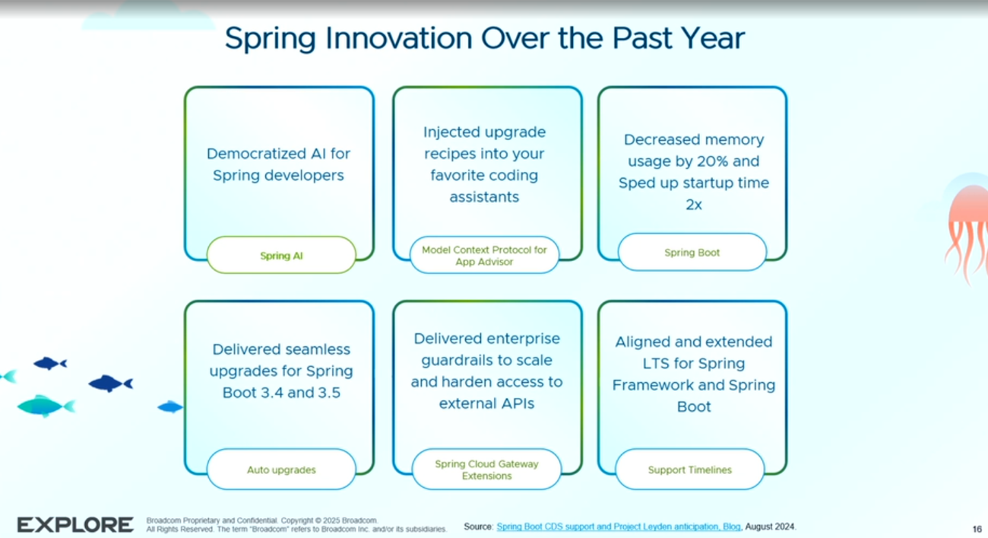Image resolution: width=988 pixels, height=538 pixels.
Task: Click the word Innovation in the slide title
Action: point(399,38)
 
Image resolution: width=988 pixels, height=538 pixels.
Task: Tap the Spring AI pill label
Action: point(281,256)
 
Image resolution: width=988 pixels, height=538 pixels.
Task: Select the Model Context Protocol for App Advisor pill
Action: point(484,256)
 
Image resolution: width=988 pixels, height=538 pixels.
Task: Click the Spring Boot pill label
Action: point(692,253)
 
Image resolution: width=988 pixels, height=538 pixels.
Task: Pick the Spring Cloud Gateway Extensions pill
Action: point(486,469)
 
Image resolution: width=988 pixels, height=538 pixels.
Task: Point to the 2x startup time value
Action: point(693,205)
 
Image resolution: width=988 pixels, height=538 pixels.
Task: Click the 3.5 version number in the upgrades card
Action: point(329,393)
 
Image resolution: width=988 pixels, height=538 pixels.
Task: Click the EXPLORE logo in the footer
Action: point(75,525)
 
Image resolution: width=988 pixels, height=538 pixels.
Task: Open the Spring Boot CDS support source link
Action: point(619,527)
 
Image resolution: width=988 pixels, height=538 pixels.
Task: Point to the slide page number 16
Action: point(977,529)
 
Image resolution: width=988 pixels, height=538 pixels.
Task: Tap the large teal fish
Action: point(46,406)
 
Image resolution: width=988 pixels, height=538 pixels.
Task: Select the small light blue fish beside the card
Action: point(170,407)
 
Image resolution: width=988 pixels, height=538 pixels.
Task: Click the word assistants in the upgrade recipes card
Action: point(484,197)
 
